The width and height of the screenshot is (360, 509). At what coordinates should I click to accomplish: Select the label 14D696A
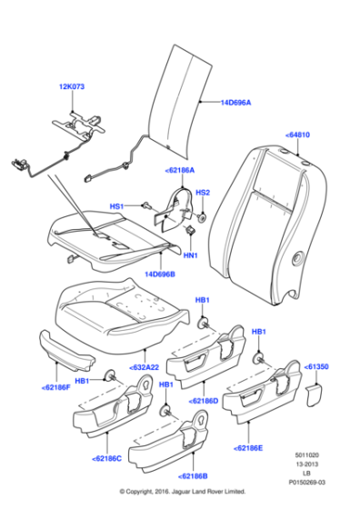[235, 103]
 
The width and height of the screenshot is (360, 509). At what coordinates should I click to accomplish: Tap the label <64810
[298, 135]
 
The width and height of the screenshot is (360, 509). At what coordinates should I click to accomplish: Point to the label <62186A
[179, 170]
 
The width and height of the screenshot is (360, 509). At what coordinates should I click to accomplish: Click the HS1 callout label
[116, 206]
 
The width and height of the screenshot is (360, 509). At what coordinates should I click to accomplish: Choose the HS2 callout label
[204, 193]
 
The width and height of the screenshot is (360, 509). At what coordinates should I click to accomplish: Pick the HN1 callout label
[192, 256]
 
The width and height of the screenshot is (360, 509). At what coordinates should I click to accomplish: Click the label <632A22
[144, 366]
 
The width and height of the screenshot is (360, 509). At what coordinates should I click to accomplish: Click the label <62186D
[203, 400]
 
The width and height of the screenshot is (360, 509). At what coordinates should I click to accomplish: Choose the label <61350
[318, 368]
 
